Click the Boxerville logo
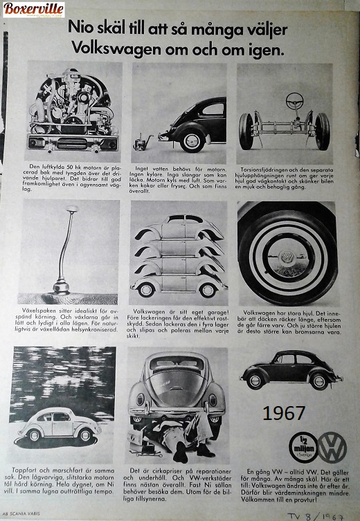click(34, 10)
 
